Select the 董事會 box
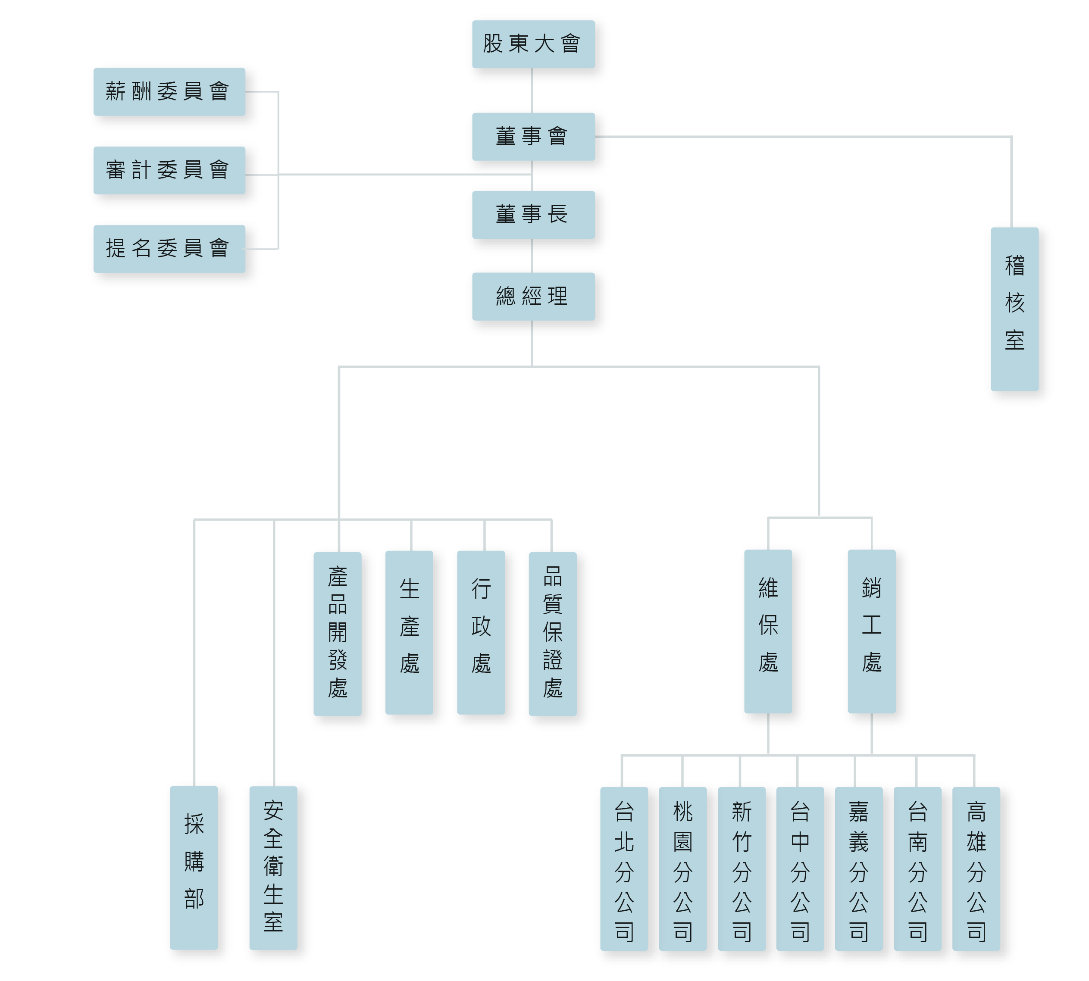click(532, 136)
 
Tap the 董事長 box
click(532, 214)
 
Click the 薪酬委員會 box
click(169, 91)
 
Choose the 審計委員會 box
click(169, 170)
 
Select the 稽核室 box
click(1014, 308)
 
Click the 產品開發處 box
click(338, 633)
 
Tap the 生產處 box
click(409, 632)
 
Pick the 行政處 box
click(481, 632)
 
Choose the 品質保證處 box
click(553, 633)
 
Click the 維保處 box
click(768, 631)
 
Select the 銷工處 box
click(871, 631)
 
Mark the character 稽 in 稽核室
click(1014, 265)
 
